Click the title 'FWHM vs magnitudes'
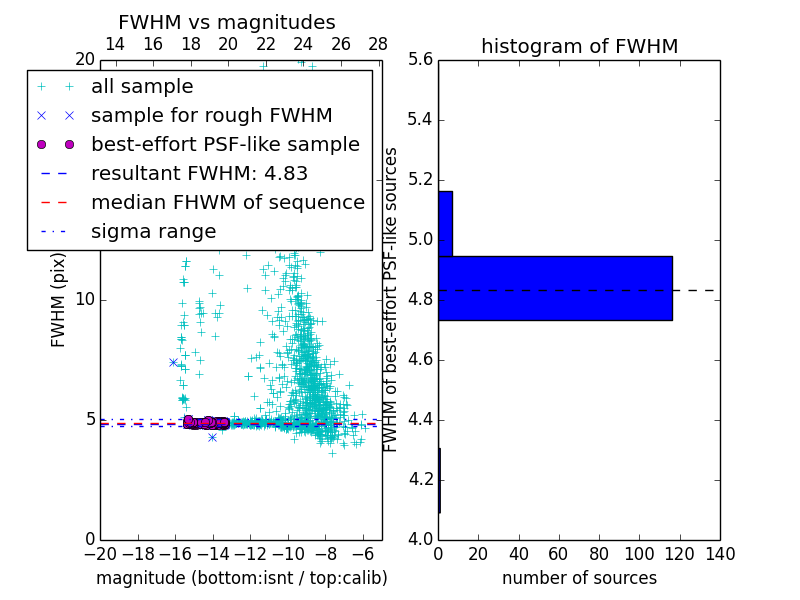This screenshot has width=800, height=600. [x=227, y=23]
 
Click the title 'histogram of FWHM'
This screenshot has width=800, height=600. [x=579, y=46]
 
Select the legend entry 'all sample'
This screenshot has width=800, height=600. [x=142, y=87]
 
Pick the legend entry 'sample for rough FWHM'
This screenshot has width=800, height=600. [x=211, y=115]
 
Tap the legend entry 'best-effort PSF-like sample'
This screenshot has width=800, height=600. [x=225, y=144]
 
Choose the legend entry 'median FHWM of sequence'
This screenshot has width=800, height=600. [x=227, y=202]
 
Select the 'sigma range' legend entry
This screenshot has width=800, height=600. [x=153, y=231]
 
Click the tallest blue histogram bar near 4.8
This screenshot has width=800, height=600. [x=555, y=288]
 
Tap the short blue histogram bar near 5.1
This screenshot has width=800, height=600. [x=445, y=223]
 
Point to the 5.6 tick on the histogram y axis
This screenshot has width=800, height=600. [x=421, y=60]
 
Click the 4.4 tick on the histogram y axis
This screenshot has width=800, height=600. [x=421, y=419]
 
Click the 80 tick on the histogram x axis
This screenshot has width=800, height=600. [x=599, y=554]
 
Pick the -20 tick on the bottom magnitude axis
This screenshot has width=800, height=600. [x=100, y=554]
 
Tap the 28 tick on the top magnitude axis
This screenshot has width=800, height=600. [x=378, y=44]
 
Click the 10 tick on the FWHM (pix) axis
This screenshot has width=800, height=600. [x=85, y=300]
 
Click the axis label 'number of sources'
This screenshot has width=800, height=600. [x=579, y=578]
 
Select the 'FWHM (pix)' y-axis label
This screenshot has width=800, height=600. [x=59, y=300]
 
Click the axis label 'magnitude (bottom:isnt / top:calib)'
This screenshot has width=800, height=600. [x=241, y=578]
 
